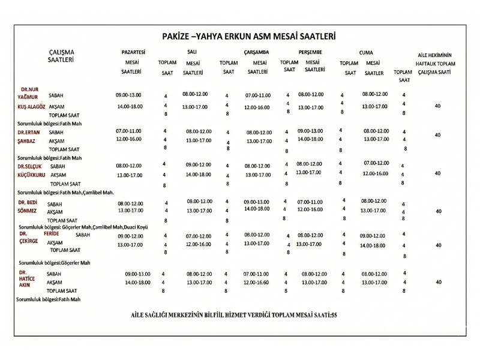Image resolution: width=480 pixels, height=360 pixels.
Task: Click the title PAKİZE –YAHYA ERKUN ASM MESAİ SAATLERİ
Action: click(248, 37)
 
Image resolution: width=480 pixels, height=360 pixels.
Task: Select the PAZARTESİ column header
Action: click(133, 52)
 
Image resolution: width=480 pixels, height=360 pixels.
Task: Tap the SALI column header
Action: click(192, 52)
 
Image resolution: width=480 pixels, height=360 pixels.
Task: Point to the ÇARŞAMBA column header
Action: click(256, 52)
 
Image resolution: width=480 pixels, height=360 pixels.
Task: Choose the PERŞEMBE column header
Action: click(310, 52)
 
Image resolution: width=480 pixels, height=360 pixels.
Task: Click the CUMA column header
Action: click(366, 53)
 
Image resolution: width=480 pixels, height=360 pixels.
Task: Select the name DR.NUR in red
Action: click(29, 89)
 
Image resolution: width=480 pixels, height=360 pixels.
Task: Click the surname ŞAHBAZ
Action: click(27, 141)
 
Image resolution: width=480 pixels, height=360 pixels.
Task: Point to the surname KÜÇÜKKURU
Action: click(31, 175)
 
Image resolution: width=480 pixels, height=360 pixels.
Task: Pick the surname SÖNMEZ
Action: click(27, 211)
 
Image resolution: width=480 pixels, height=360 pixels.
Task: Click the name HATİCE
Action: click(27, 278)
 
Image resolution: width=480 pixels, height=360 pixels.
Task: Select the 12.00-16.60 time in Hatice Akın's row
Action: click(256, 282)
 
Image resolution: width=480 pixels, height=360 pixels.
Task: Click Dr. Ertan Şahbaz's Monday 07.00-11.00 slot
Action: click(128, 131)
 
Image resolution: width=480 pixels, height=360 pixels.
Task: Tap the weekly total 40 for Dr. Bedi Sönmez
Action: click(438, 211)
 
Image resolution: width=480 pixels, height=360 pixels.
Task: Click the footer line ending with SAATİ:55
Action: click(233, 315)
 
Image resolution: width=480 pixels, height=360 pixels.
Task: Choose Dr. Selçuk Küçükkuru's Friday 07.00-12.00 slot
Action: click(376, 163)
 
